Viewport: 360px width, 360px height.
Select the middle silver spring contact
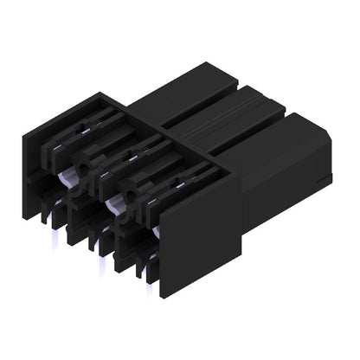113,203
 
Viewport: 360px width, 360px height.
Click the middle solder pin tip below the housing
102,260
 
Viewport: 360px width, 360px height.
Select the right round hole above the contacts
129,157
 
